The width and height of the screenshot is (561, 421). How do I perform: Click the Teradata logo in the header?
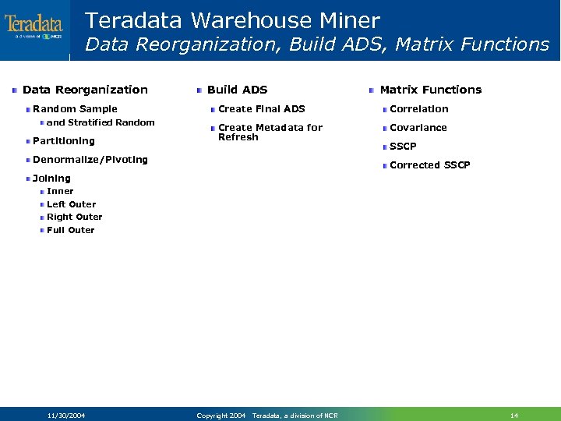point(34,25)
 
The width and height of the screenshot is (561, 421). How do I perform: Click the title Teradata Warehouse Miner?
point(232,20)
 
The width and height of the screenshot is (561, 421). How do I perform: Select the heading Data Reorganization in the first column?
point(85,90)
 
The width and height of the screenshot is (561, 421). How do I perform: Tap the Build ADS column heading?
point(237,90)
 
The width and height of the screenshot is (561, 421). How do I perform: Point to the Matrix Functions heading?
point(430,90)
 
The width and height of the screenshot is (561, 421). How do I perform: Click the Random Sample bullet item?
point(75,109)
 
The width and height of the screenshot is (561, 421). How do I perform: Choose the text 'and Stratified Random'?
point(101,122)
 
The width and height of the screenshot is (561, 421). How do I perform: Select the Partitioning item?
point(63,141)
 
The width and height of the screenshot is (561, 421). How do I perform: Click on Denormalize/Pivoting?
point(90,160)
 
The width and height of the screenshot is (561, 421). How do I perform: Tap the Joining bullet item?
point(51,179)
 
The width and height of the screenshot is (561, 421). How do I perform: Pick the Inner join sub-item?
point(60,191)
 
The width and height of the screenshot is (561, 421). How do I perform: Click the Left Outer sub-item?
point(71,204)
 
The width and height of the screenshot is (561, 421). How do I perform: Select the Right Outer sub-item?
point(74,218)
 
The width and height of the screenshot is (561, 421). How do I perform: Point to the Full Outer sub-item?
point(70,231)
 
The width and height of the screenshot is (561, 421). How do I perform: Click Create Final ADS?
point(261,109)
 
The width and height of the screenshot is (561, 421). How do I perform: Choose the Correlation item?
point(418,109)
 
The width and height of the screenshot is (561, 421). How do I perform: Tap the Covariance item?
point(418,128)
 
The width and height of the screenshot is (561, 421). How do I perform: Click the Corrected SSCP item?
point(429,165)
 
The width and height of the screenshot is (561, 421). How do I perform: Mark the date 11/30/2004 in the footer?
point(65,416)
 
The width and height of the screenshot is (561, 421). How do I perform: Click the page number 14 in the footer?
point(513,416)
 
